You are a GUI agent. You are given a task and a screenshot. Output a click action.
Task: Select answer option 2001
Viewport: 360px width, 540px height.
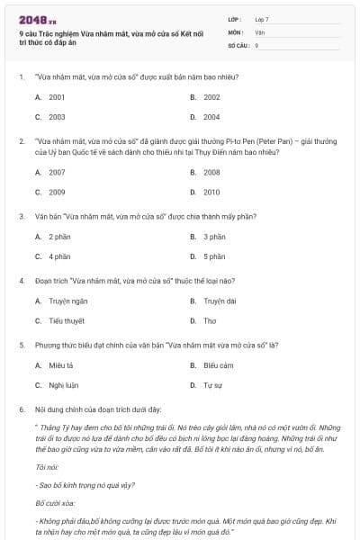click(56, 96)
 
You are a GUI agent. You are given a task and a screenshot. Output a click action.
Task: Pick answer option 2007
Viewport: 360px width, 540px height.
click(56, 172)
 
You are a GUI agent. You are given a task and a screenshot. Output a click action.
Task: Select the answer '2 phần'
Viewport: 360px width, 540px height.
click(59, 237)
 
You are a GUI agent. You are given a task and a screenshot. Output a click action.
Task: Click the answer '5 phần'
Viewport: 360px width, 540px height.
click(213, 257)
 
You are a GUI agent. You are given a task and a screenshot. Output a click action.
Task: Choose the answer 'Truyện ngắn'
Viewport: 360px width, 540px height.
click(66, 301)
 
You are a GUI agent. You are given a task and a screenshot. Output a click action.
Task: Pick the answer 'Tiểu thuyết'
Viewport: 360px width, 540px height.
click(64, 321)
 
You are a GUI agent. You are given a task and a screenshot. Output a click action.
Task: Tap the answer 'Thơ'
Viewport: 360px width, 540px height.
click(209, 321)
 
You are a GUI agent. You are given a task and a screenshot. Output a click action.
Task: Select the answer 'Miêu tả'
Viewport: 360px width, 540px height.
click(60, 365)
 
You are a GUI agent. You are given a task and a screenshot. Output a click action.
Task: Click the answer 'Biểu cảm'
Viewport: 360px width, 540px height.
click(218, 365)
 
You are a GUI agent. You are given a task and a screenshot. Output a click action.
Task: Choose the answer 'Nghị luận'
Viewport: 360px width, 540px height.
click(62, 386)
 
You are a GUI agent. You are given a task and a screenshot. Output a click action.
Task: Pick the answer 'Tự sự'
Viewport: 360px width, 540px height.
click(212, 386)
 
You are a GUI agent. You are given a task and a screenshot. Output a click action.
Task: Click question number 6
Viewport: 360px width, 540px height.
click(21, 409)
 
